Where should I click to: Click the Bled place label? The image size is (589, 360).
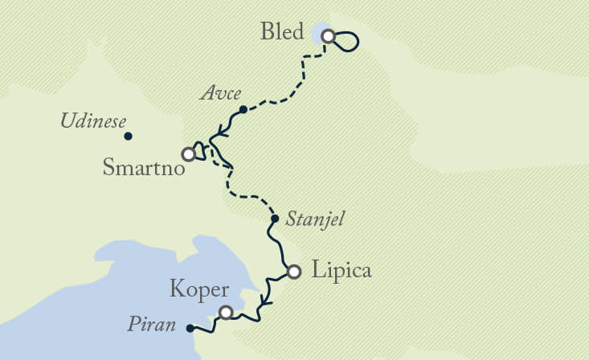[x=283, y=33]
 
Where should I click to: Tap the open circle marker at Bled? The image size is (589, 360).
[x=328, y=35]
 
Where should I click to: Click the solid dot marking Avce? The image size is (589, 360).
[x=243, y=109]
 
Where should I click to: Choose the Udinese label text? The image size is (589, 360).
[x=94, y=122]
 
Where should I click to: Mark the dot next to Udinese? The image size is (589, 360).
[x=128, y=136]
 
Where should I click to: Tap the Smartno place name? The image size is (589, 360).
[x=145, y=169]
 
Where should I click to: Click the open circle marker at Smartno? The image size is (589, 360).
[x=188, y=153]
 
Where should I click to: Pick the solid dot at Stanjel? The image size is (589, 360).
[x=275, y=219]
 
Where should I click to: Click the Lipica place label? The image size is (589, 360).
[x=341, y=271]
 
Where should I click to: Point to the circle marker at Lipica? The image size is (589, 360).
[x=294, y=272]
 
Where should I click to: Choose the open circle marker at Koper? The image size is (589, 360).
[x=227, y=313]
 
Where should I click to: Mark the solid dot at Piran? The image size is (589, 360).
[x=190, y=328]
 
